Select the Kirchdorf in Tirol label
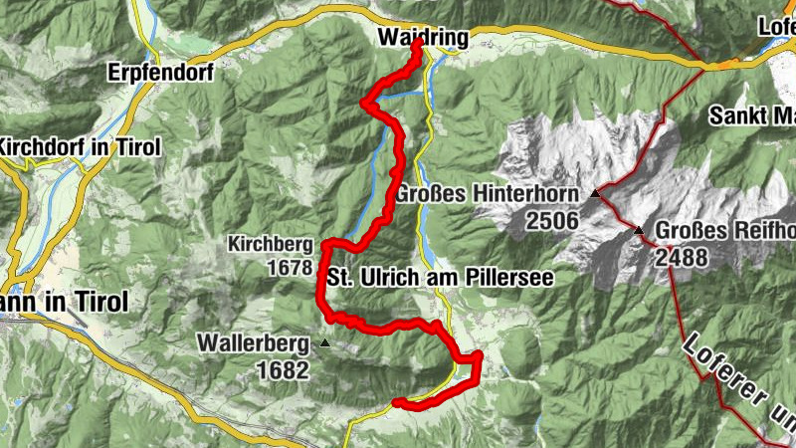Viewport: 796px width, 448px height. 81,147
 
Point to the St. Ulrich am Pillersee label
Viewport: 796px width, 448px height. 439,277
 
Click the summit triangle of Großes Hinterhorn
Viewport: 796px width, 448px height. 595,193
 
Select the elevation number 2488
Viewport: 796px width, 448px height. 682,259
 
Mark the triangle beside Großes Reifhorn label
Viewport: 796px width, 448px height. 639,230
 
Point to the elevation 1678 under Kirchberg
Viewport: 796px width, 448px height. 289,267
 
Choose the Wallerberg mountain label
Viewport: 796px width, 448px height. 253,343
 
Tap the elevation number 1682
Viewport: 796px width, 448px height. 284,369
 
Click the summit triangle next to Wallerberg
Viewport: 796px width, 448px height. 324,344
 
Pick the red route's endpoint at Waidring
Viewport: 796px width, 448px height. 417,45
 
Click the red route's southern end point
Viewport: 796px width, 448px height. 396,402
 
